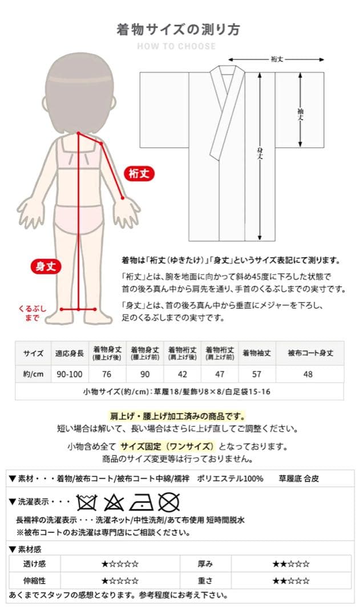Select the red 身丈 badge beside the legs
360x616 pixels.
pos(46,266)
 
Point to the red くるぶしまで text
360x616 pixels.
pos(33,313)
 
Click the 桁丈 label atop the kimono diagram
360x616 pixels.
pos(277,59)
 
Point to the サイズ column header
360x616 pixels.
pos(33,353)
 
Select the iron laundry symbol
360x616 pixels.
pos(140,502)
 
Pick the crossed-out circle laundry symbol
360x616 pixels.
pos(169,502)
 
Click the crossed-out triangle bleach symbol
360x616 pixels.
pos(114,502)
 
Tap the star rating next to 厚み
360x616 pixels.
pos(291,564)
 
